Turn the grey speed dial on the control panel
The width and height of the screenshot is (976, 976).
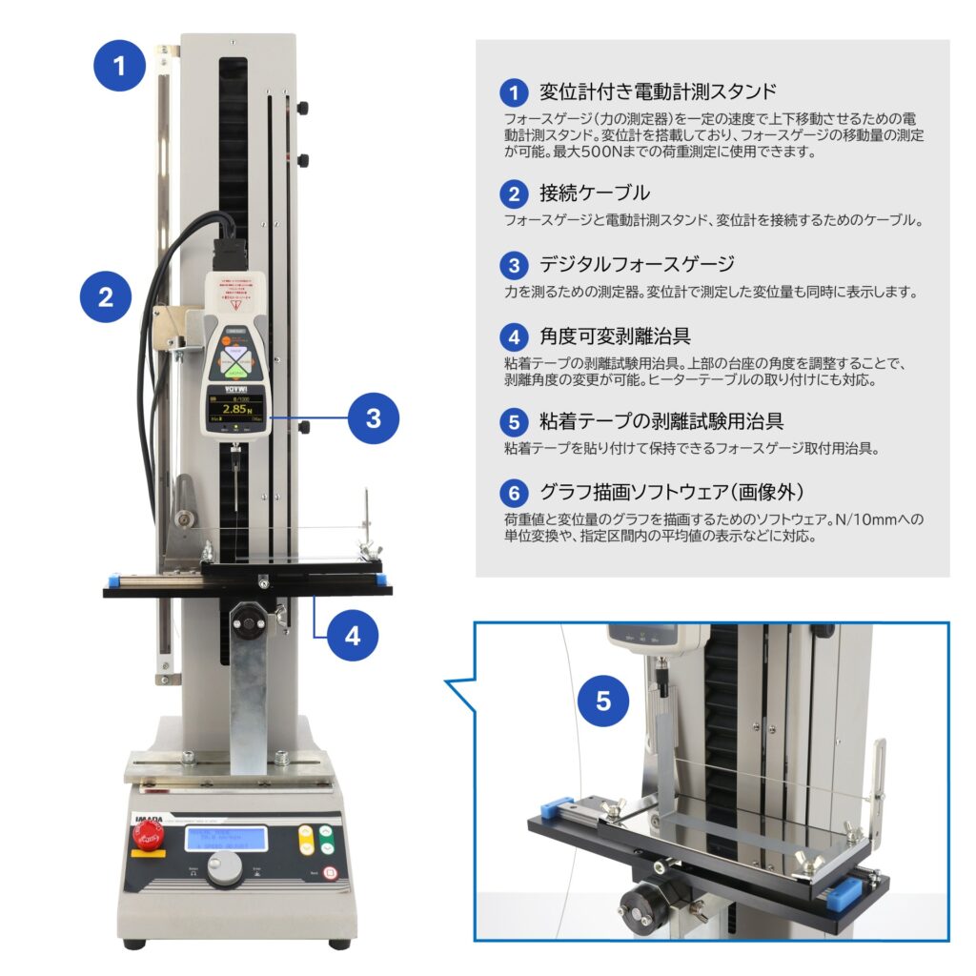click(x=225, y=868)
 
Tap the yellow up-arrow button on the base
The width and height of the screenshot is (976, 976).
click(x=307, y=832)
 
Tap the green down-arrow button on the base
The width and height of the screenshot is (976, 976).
click(x=327, y=846)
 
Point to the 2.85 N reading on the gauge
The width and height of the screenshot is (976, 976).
click(x=234, y=409)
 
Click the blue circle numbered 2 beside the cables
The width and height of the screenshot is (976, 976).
click(x=106, y=295)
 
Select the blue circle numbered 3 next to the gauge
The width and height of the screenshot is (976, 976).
click(x=374, y=417)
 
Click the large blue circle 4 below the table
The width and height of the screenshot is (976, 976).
click(x=353, y=636)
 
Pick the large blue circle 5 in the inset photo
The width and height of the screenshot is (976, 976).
click(x=603, y=701)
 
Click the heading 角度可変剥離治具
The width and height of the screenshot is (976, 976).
click(x=615, y=335)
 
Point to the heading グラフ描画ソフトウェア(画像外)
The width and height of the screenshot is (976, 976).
click(x=672, y=493)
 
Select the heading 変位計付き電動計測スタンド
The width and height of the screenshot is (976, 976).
click(x=658, y=91)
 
